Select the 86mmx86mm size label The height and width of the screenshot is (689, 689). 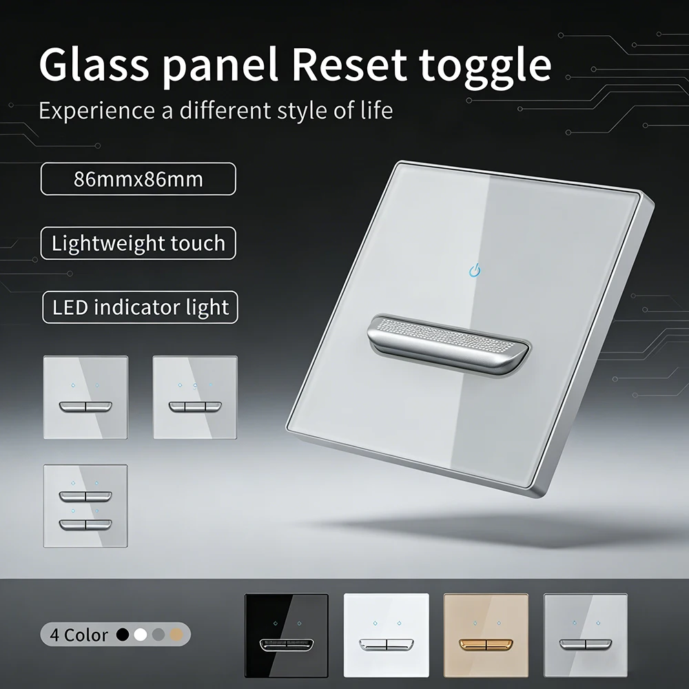pos(138,179)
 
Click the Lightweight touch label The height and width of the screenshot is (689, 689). pos(138,243)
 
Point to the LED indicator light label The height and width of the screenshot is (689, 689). pos(140,307)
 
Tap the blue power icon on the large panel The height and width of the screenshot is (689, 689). pos(474,269)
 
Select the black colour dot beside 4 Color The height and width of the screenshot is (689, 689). pos(123,634)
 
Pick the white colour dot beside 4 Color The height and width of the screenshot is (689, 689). pos(141,634)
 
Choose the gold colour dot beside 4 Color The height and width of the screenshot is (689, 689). pos(176,634)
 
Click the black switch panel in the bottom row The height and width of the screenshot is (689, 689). pos(286,635)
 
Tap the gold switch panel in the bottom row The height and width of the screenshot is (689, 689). pos(486,635)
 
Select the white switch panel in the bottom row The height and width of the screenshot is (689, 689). pos(387,635)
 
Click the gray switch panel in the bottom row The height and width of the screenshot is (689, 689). pos(585,635)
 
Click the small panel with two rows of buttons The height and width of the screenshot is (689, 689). pos(85,506)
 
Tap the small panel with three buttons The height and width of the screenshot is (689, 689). pos(195,397)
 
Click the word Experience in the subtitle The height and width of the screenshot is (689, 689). pos(97,110)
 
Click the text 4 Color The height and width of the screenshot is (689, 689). pos(79,635)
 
